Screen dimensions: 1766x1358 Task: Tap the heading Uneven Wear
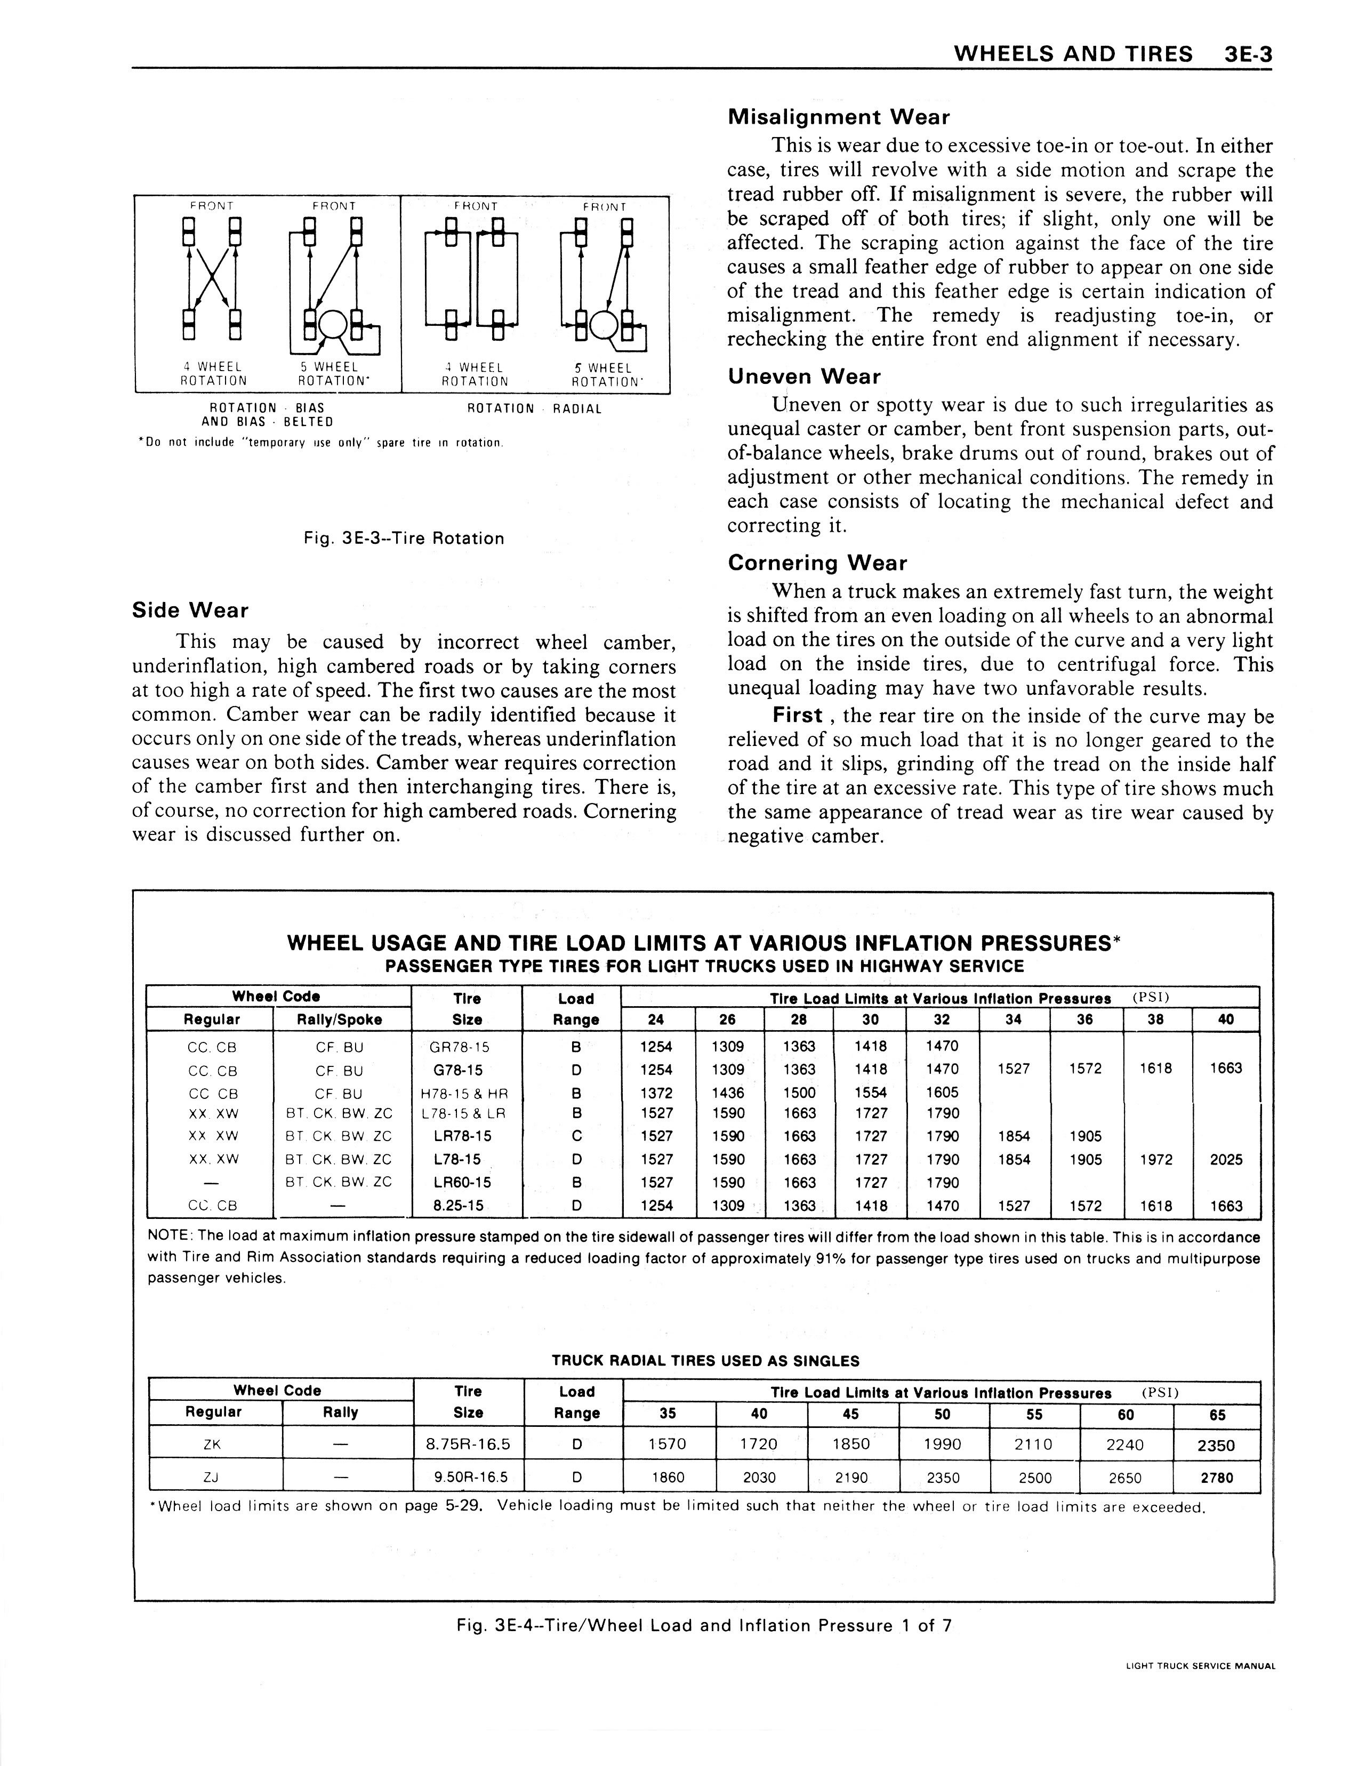pos(803,376)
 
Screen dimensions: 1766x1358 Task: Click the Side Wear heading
pos(190,610)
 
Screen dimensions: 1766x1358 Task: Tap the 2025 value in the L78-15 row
pos(1225,1160)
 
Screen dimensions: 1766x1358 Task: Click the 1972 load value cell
pos(1156,1160)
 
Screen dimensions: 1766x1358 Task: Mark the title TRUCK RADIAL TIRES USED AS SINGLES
pos(705,1361)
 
